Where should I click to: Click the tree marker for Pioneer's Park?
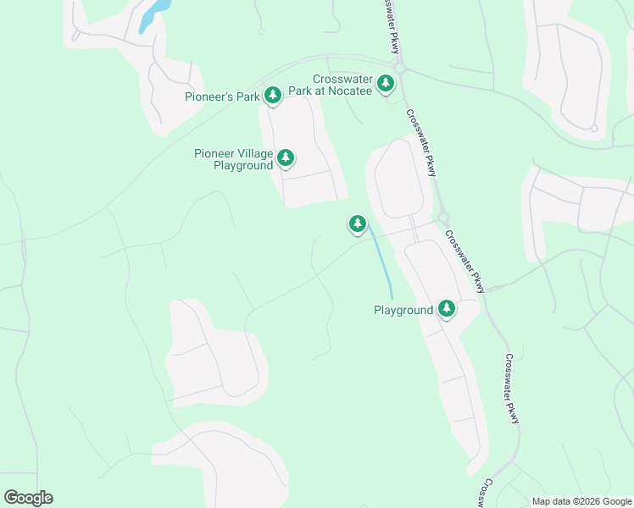point(273,95)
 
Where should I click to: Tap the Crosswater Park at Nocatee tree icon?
point(386,82)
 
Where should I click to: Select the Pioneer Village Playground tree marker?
point(286,157)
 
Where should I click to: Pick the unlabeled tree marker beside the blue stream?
point(358,224)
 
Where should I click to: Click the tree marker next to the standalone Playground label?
point(446,309)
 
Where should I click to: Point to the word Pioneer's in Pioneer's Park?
point(210,97)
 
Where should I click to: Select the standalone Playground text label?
point(403,311)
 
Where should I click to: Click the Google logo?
point(28,498)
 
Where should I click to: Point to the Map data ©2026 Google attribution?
point(581,501)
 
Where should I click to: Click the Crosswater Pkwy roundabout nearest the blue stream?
point(442,217)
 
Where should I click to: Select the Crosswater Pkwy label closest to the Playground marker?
point(464,262)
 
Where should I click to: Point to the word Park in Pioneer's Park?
point(247,97)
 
